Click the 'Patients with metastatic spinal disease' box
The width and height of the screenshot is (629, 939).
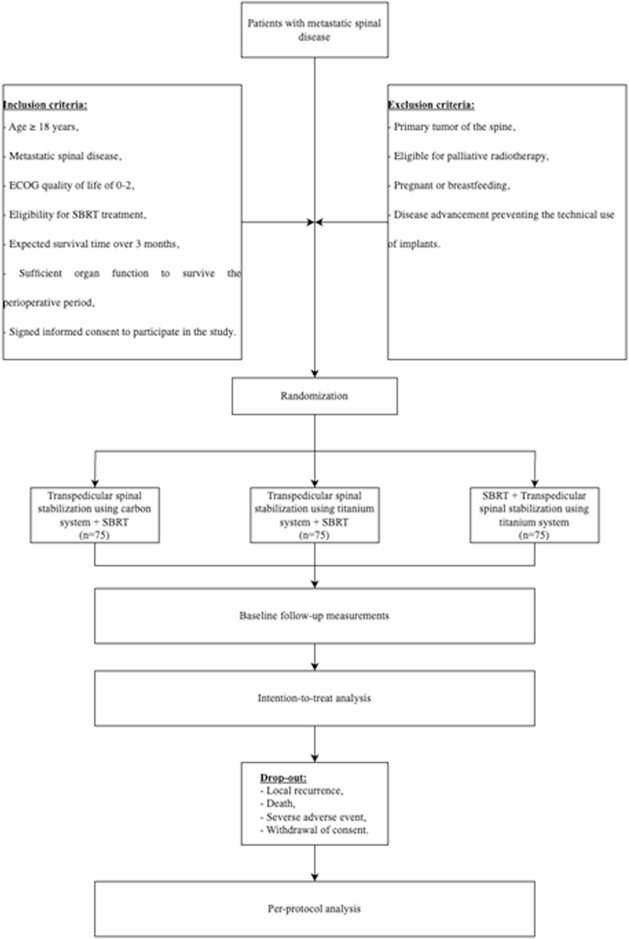click(314, 30)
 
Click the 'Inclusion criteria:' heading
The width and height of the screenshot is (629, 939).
click(45, 105)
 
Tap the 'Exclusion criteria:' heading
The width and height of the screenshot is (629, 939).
click(431, 105)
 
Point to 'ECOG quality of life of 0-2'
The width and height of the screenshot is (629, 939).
click(71, 185)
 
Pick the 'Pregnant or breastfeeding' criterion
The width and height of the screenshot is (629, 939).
click(452, 185)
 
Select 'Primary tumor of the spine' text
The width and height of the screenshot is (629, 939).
click(454, 127)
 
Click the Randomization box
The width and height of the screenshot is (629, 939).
click(314, 396)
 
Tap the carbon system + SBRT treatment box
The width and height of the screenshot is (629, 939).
click(95, 515)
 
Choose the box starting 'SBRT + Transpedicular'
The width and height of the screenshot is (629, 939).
click(534, 515)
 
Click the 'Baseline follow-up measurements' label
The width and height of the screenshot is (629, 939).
click(314, 616)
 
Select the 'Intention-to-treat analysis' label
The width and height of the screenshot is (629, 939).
click(314, 698)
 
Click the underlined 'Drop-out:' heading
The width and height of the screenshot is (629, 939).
click(283, 778)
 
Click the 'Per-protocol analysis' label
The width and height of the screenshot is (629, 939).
click(314, 909)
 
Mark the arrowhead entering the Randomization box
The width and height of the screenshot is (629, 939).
click(314, 374)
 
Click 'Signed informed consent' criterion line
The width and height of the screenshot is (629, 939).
click(122, 332)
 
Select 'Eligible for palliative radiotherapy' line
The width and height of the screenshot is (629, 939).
click(471, 156)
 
